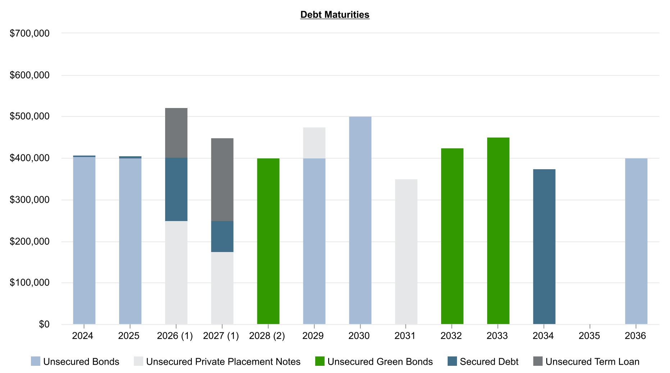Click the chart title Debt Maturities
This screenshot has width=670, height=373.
tap(335, 15)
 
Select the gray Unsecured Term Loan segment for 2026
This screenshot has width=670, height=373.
tap(176, 133)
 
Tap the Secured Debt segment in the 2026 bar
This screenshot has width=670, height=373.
tap(176, 189)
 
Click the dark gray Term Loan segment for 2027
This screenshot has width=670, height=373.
tap(222, 179)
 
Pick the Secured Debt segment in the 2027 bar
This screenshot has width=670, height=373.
tap(222, 236)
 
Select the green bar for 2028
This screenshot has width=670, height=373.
tap(268, 241)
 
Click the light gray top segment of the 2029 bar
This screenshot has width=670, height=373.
tap(314, 143)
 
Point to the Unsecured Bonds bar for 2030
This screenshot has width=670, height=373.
tap(360, 220)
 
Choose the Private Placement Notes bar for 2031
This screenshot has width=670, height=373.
tap(406, 252)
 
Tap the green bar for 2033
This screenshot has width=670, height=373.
tap(498, 231)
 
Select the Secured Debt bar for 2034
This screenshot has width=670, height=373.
tap(544, 247)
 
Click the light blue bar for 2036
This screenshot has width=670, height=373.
tap(636, 241)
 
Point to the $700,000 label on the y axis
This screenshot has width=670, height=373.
tap(30, 33)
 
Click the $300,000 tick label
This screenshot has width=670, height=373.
tap(30, 200)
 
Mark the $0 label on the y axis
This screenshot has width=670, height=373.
tap(44, 324)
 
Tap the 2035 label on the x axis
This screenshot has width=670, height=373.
tap(589, 336)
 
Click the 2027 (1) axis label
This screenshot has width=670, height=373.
tap(221, 336)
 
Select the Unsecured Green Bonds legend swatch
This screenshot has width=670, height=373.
tap(320, 361)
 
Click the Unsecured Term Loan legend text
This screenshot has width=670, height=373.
tap(592, 361)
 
